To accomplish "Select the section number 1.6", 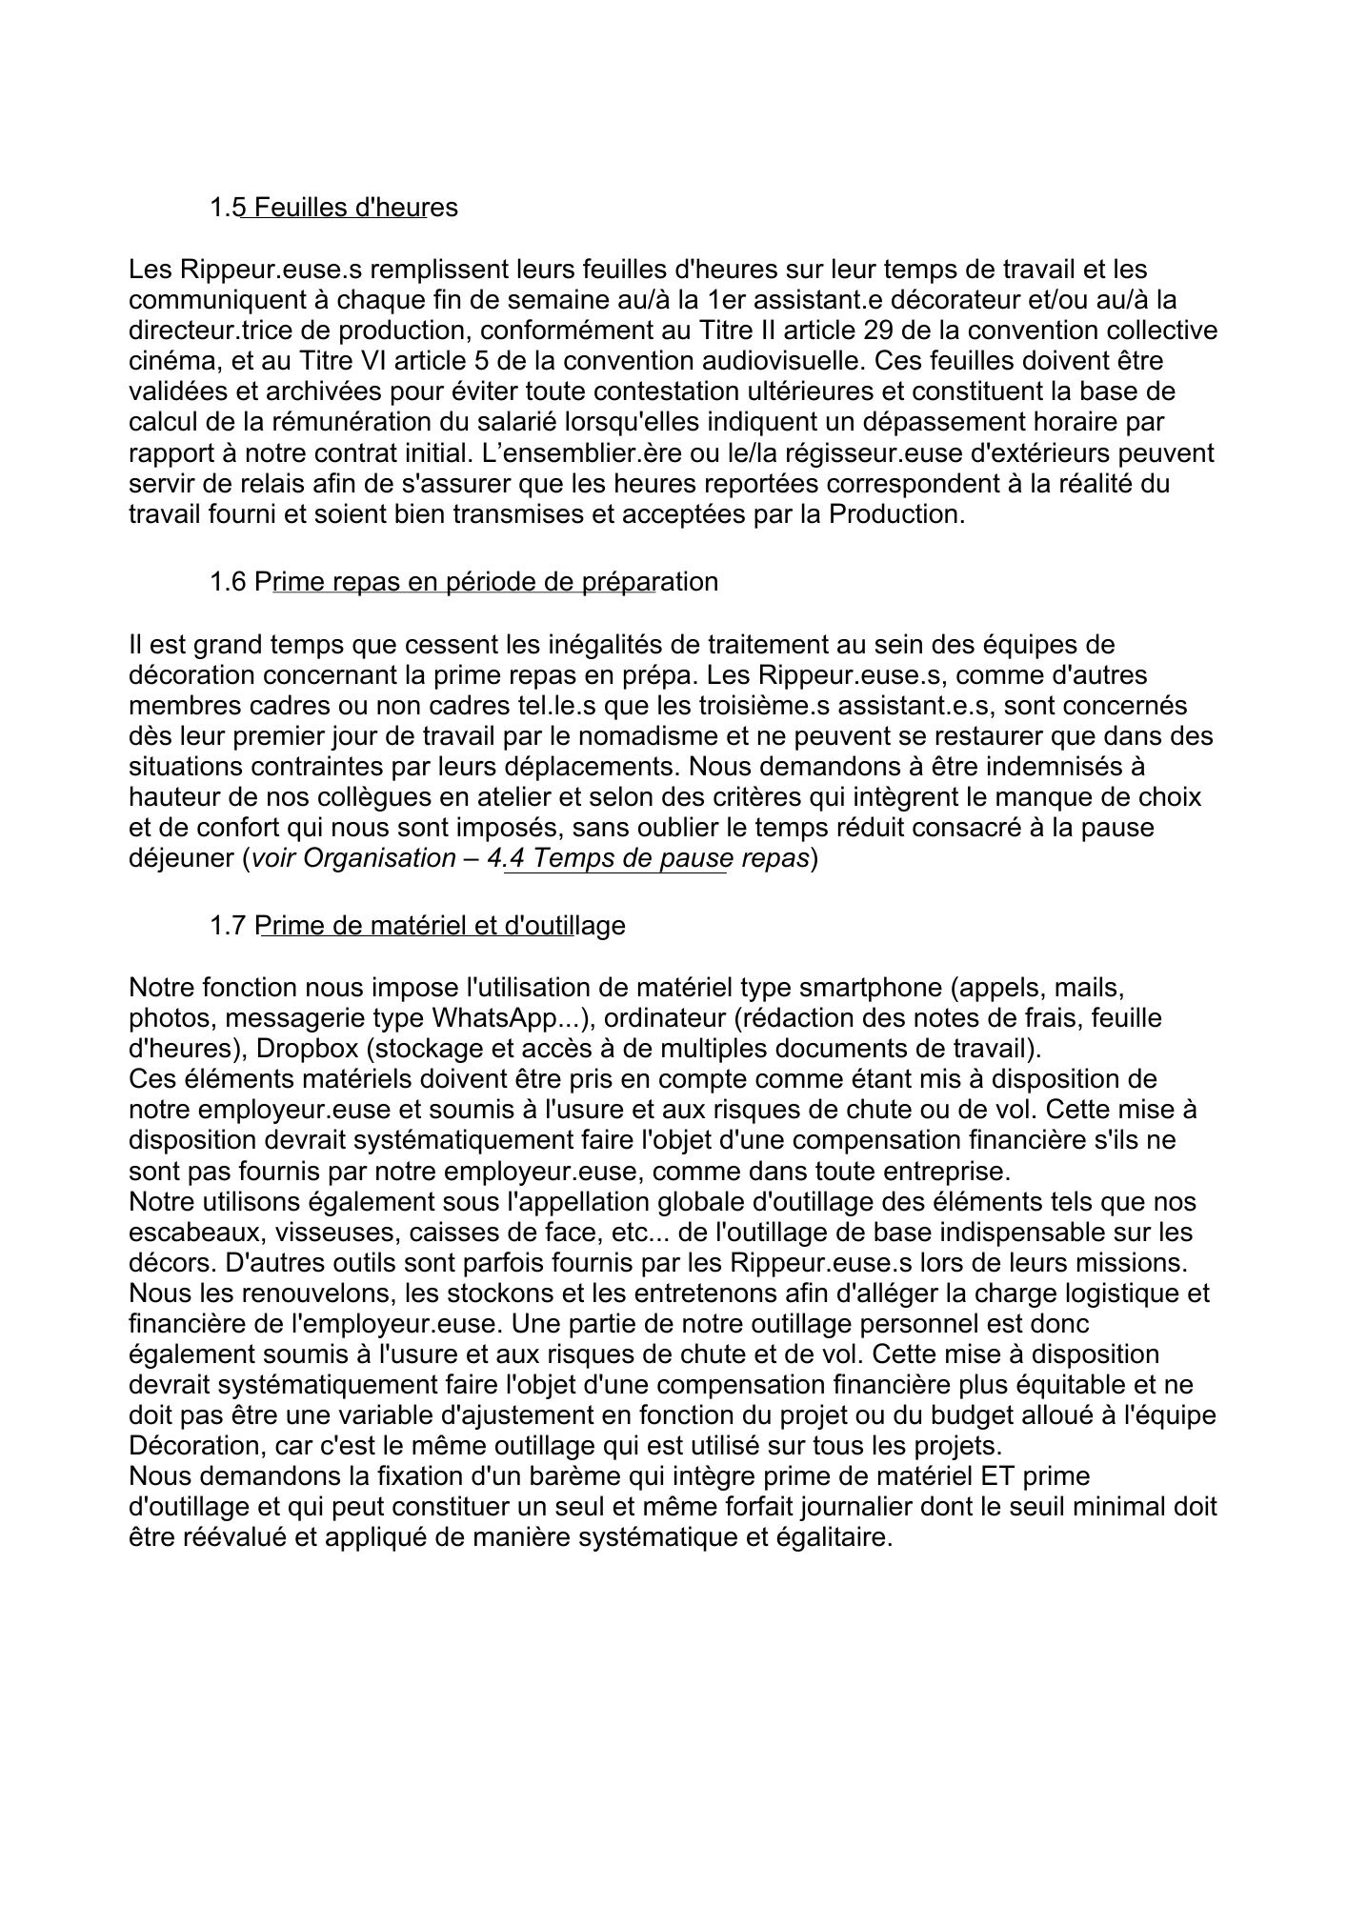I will click(x=228, y=581).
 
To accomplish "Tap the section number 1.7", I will click(x=228, y=925).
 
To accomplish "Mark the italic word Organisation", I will click(x=379, y=858).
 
